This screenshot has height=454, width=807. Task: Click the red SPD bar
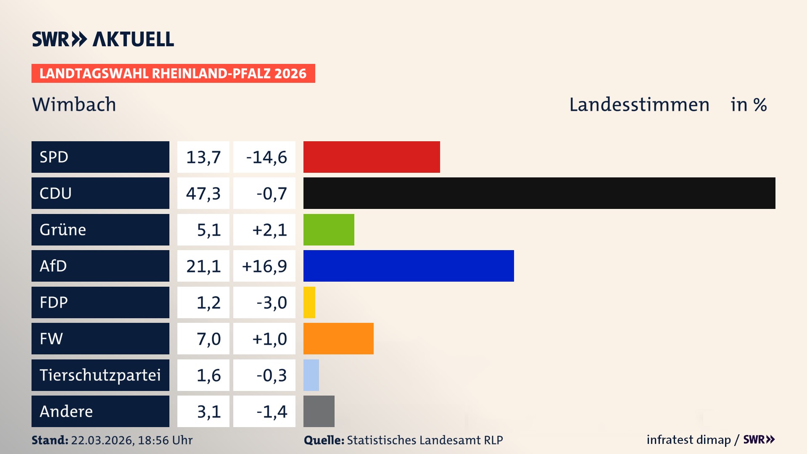pos(372,157)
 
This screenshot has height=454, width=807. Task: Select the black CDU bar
pos(539,193)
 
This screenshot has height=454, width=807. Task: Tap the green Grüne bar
pos(329,230)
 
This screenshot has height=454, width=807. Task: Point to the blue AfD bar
pos(409,266)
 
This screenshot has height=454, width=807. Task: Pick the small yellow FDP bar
pos(309,302)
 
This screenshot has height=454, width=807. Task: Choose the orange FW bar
pos(338,338)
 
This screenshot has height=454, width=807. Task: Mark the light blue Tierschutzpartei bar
pos(311,375)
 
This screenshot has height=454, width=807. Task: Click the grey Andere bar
pos(319,411)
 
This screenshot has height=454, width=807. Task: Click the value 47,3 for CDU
pos(203,193)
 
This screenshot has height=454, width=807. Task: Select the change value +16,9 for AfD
pos(264,266)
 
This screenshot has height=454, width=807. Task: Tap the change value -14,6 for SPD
pos(266,157)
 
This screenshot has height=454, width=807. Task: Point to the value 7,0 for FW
pos(208,339)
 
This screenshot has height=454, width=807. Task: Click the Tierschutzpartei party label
pos(100,375)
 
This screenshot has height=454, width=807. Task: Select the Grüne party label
pos(63,230)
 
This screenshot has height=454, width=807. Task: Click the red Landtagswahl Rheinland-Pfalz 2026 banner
pos(173,74)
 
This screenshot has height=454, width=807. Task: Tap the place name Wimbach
pos(74,104)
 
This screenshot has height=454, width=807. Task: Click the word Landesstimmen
pos(639,105)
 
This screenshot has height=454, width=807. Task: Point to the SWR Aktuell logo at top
pos(103,39)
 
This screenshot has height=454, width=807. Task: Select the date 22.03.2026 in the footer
pos(102,440)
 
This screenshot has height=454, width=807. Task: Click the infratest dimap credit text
pos(688,440)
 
